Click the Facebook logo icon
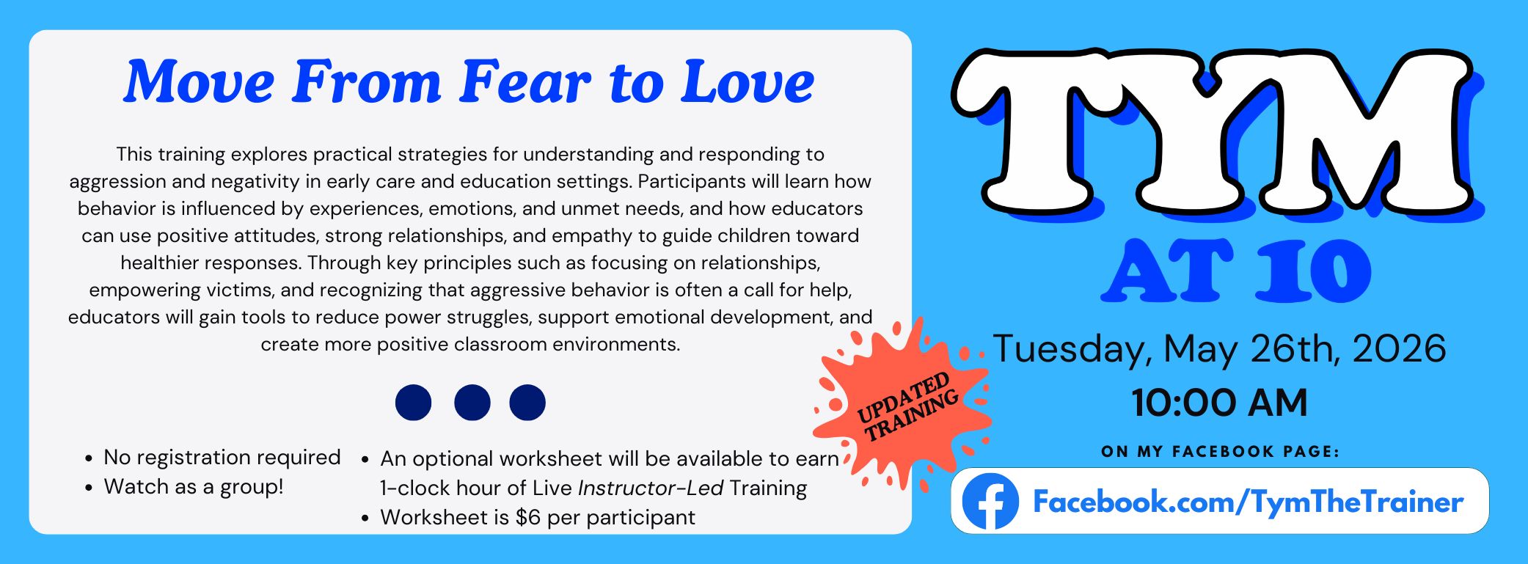(x=990, y=502)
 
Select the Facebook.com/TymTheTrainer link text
(x=1248, y=502)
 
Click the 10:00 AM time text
(x=1219, y=403)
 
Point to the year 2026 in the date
(x=1399, y=348)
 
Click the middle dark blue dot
(x=472, y=403)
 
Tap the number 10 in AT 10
(x=1313, y=271)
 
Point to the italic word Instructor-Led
(x=651, y=488)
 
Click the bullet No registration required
(x=222, y=458)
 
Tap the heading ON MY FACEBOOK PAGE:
(x=1220, y=452)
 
